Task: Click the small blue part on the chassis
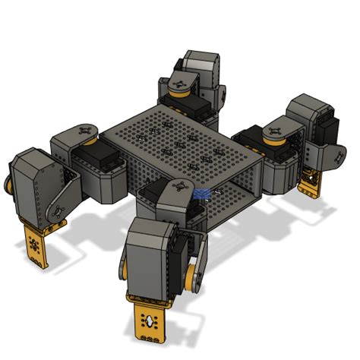201,194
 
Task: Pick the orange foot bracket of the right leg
310,183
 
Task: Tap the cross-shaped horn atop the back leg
181,82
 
